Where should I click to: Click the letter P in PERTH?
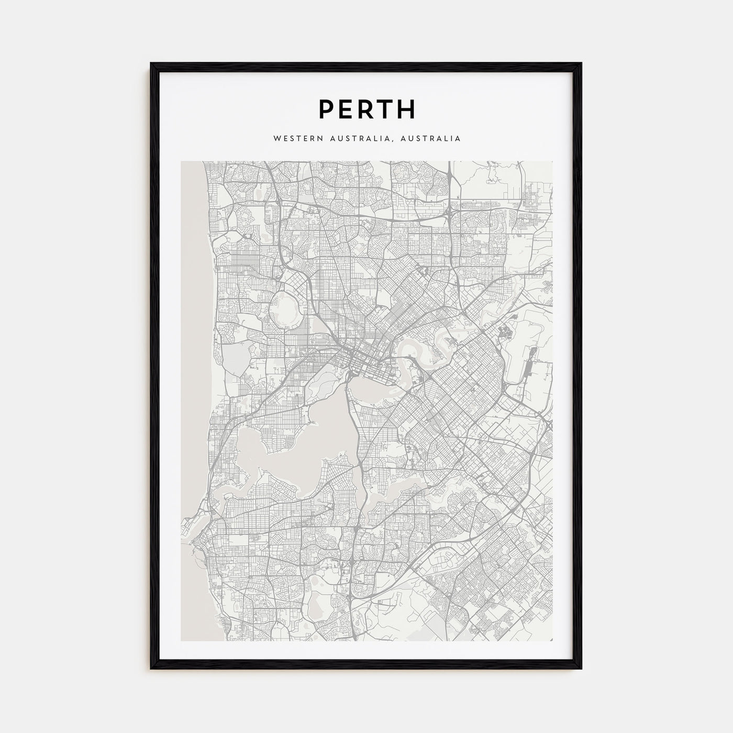pyautogui.click(x=326, y=109)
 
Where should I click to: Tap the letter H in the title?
pyautogui.click(x=406, y=109)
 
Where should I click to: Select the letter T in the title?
pyautogui.click(x=385, y=109)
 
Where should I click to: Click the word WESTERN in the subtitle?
pyautogui.click(x=294, y=139)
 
